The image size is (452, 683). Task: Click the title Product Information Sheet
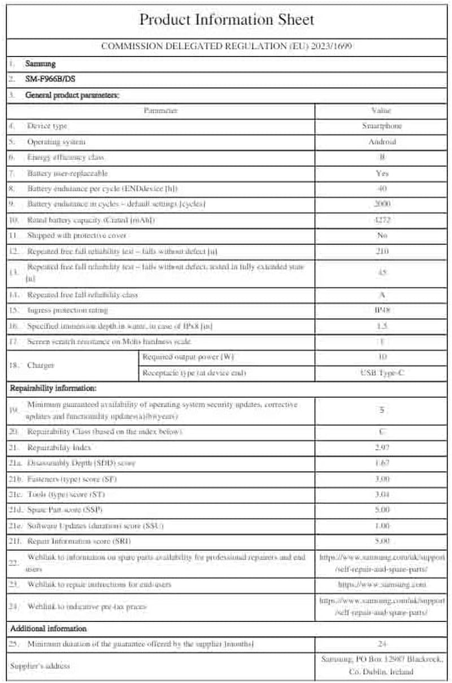(x=226, y=20)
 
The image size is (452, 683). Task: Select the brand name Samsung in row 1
(x=41, y=64)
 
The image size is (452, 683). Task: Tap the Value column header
(x=382, y=111)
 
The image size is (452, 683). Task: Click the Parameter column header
(x=160, y=111)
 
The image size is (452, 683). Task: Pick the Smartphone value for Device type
(x=382, y=126)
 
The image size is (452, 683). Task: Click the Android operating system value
(x=382, y=142)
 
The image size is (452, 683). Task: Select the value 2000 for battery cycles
(x=382, y=203)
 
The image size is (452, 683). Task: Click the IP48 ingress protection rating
(x=382, y=310)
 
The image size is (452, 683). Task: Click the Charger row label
(x=41, y=365)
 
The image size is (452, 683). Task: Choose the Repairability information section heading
(x=53, y=389)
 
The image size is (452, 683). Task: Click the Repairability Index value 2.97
(x=382, y=447)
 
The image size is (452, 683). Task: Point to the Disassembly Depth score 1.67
(x=382, y=463)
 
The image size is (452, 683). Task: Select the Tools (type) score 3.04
(x=382, y=494)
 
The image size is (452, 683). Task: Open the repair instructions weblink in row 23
(x=382, y=584)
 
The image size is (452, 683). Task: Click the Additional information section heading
(x=49, y=628)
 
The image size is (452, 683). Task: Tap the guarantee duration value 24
(x=382, y=643)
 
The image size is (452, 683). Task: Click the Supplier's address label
(x=40, y=666)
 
